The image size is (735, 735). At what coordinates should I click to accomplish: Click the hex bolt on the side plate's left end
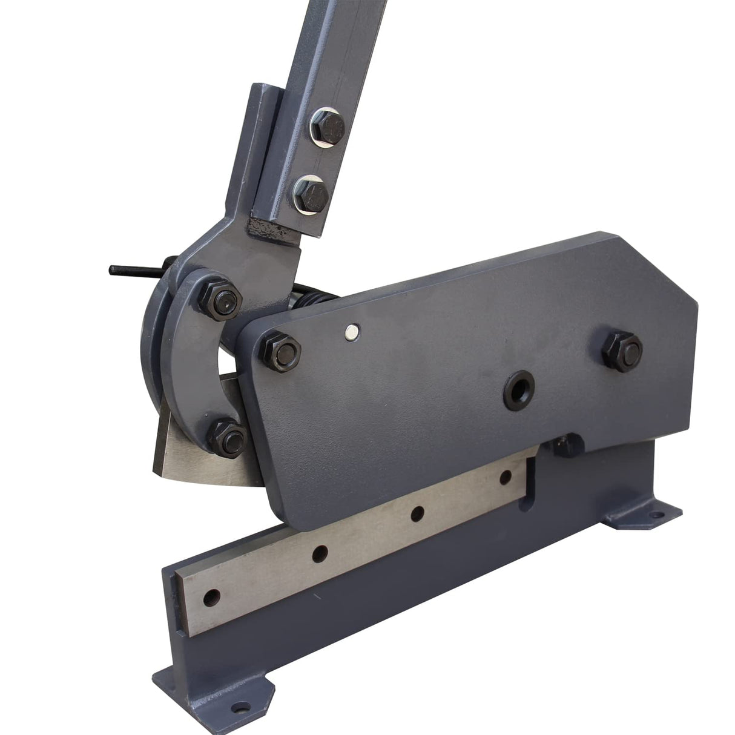[282, 351]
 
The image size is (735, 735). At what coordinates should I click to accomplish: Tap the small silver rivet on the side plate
[351, 331]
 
